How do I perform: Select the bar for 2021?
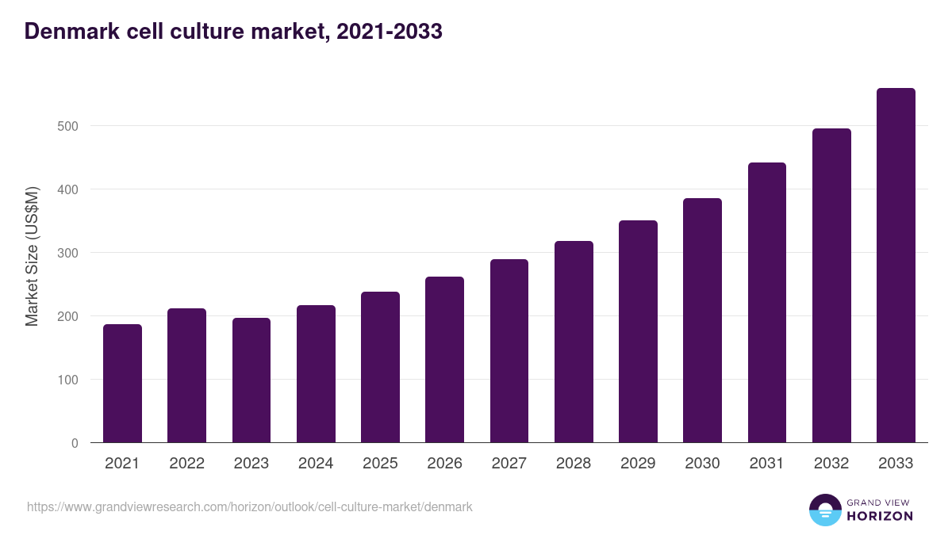122,384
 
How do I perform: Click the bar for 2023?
251,380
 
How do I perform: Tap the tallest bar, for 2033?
896,266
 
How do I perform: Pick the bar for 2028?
574,342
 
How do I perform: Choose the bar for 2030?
702,320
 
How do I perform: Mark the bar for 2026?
444,360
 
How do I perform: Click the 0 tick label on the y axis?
75,443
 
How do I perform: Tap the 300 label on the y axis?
68,253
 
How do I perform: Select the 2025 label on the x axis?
380,464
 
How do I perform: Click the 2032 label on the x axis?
831,464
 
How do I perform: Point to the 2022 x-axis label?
186,464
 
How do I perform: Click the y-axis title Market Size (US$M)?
32,256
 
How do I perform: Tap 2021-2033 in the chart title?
389,32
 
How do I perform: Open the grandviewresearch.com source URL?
250,506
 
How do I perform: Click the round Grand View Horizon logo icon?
824,510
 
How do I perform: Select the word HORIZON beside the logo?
880,516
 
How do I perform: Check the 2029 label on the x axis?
638,464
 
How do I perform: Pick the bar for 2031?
766,303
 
